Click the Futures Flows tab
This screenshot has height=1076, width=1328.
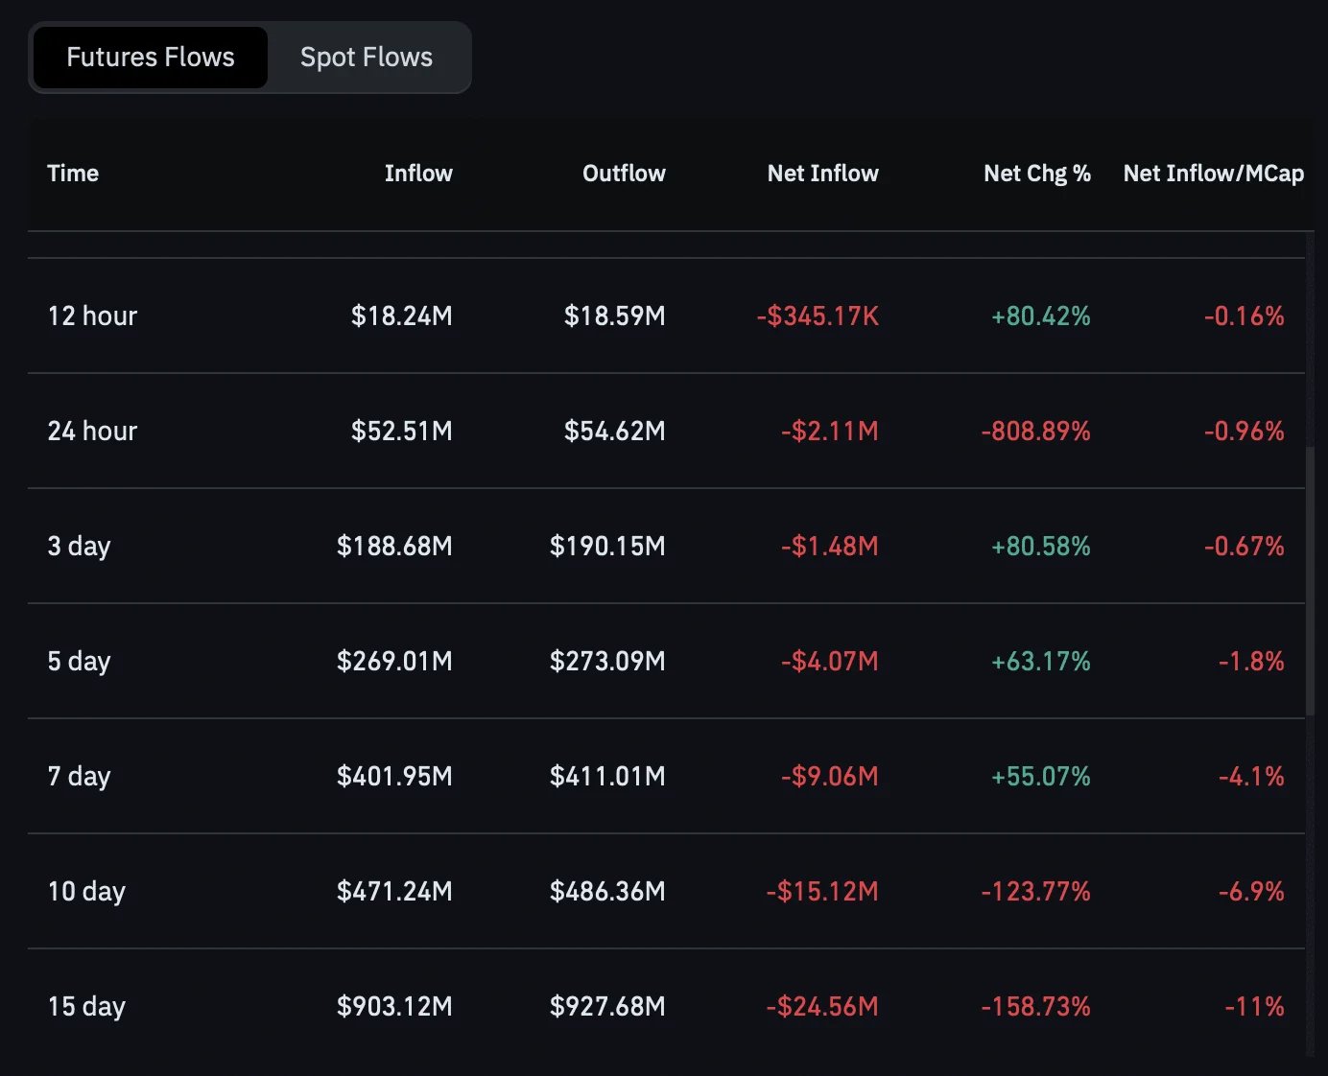click(x=151, y=58)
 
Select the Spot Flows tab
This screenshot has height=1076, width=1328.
click(x=367, y=58)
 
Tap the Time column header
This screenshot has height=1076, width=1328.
click(x=73, y=174)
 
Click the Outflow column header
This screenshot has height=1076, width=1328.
click(x=624, y=174)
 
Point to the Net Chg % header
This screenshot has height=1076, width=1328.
click(x=1037, y=174)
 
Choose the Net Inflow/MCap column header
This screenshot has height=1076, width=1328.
click(x=1213, y=174)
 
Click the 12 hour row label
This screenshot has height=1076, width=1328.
click(x=92, y=316)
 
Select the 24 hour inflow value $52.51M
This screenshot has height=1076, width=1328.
click(x=401, y=432)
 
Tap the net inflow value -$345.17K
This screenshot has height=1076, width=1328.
click(x=818, y=316)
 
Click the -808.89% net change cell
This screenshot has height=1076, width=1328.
click(x=1035, y=432)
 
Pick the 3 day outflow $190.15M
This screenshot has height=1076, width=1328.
click(x=607, y=546)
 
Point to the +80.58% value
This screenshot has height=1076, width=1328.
click(x=1040, y=546)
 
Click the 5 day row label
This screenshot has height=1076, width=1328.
click(x=80, y=661)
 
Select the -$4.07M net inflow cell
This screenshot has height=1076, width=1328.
click(x=830, y=661)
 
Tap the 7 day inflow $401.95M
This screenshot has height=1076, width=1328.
click(x=394, y=777)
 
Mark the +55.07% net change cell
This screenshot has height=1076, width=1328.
click(x=1040, y=777)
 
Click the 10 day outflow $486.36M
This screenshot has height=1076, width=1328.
click(x=607, y=891)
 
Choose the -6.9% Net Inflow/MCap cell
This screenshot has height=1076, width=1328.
click(x=1251, y=891)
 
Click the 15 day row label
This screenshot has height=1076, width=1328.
click(x=86, y=1006)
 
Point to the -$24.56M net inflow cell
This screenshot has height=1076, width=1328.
click(x=822, y=1006)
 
